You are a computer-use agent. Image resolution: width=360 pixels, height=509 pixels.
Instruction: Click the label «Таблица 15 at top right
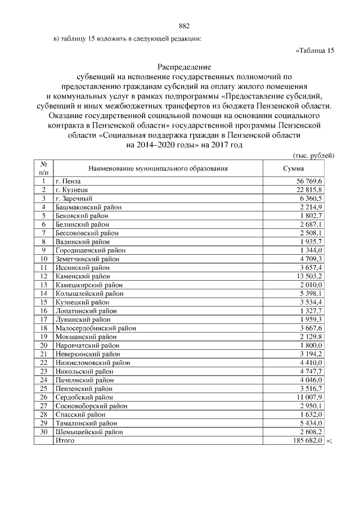[315, 51]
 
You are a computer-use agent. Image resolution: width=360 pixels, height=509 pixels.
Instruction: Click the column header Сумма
[293, 168]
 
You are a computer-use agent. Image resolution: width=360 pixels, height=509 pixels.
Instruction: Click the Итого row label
[65, 440]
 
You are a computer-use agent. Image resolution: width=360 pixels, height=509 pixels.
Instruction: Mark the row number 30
[43, 432]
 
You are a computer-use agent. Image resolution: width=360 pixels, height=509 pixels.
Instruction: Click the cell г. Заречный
[73, 199]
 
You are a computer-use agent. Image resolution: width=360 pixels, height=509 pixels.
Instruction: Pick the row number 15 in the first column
[43, 302]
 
